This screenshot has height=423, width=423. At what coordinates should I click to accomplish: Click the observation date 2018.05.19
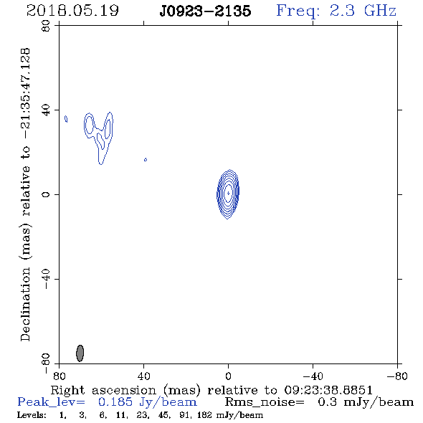(x=72, y=11)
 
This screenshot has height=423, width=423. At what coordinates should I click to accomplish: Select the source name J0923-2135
(x=205, y=11)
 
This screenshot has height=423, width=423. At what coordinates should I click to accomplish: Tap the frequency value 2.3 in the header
(x=342, y=11)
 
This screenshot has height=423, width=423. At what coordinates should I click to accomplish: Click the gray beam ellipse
(x=80, y=353)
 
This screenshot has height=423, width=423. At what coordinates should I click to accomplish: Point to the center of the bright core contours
(x=228, y=193)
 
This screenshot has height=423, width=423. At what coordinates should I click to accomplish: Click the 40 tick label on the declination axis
(x=46, y=110)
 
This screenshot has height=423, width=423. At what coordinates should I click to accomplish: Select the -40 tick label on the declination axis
(x=46, y=280)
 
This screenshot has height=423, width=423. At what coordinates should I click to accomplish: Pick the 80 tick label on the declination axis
(x=46, y=26)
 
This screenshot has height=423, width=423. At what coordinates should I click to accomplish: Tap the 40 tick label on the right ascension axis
(x=144, y=376)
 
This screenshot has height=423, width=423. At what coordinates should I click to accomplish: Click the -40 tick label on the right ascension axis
(x=313, y=376)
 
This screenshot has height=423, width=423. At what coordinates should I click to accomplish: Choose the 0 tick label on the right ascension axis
(x=228, y=376)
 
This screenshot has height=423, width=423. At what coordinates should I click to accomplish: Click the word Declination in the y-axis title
(x=25, y=304)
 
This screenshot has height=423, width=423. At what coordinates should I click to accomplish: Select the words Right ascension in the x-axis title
(x=103, y=390)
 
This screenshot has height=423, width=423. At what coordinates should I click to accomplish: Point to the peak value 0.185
(x=115, y=402)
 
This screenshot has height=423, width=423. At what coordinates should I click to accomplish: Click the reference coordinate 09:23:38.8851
(x=328, y=390)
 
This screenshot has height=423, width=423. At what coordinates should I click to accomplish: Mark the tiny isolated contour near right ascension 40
(x=146, y=160)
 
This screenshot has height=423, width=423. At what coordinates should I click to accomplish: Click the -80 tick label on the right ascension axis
(x=397, y=376)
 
